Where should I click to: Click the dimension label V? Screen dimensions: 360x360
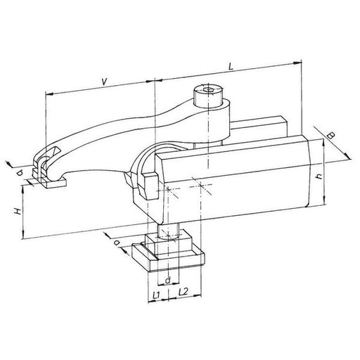click(103, 82)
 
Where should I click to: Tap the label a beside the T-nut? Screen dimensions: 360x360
click(117, 243)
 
